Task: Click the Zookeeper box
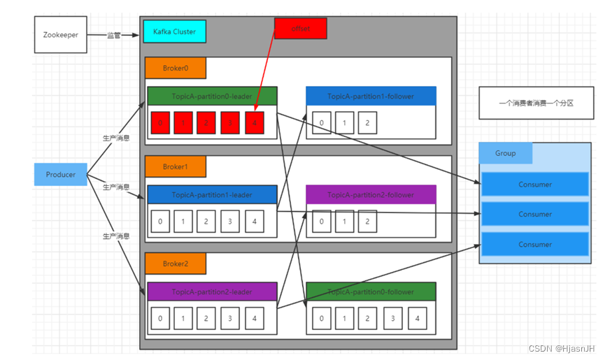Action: pyautogui.click(x=61, y=35)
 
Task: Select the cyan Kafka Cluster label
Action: pyautogui.click(x=174, y=31)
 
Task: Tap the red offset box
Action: pyautogui.click(x=301, y=28)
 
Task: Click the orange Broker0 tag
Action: pyautogui.click(x=175, y=68)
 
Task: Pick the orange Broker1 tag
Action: pyautogui.click(x=175, y=166)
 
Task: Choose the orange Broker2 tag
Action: pyautogui.click(x=175, y=264)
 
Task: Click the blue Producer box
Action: pyautogui.click(x=61, y=174)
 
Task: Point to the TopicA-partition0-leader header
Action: pyautogui.click(x=212, y=96)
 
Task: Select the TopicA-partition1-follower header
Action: pyautogui.click(x=371, y=96)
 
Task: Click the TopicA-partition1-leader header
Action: pyautogui.click(x=212, y=194)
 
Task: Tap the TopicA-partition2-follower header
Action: pyautogui.click(x=371, y=194)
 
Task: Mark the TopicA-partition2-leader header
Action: pyautogui.click(x=212, y=291)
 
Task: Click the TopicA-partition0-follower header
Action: pyautogui.click(x=371, y=291)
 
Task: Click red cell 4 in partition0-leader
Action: pyautogui.click(x=255, y=123)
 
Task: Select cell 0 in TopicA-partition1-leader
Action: pyautogui.click(x=161, y=222)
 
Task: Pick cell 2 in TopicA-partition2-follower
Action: pyautogui.click(x=367, y=222)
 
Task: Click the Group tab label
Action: pyautogui.click(x=505, y=153)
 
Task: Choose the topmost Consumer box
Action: pyautogui.click(x=535, y=185)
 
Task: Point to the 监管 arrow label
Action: pyautogui.click(x=113, y=35)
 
